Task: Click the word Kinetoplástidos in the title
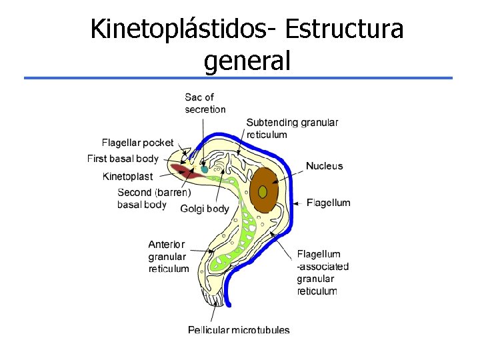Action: [x=184, y=29]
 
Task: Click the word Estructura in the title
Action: [x=344, y=29]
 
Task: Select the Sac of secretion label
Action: [x=205, y=103]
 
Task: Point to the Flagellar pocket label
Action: [x=137, y=142]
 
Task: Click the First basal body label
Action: [x=123, y=159]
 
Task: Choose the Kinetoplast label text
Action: [x=127, y=177]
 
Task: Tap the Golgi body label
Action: [x=204, y=209]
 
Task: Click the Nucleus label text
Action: [x=324, y=166]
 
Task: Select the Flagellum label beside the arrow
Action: [x=328, y=203]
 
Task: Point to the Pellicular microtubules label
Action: [x=239, y=329]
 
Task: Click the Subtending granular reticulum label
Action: [x=292, y=128]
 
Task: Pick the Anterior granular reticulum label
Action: [x=168, y=257]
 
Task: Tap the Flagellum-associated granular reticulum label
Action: [x=323, y=272]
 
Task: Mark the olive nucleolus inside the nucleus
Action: [x=263, y=192]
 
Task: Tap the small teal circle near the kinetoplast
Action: [x=205, y=170]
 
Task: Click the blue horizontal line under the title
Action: [x=238, y=78]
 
